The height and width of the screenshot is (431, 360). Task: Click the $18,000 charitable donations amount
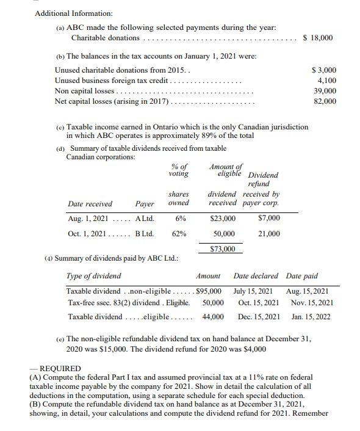coord(318,38)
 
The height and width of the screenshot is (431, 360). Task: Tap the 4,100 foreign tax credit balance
coord(326,81)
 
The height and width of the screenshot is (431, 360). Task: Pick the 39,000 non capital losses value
coord(325,91)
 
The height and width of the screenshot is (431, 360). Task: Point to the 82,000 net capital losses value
coord(325,101)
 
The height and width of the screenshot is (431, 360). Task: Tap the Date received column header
coord(90,204)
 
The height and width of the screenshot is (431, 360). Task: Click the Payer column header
coord(144,204)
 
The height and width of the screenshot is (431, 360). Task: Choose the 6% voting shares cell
coord(180,218)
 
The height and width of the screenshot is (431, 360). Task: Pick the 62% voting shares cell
coord(179,233)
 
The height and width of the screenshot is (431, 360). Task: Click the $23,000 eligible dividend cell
coord(222,218)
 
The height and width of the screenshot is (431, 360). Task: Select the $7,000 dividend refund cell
coord(269,218)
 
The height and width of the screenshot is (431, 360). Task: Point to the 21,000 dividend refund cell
coord(269,233)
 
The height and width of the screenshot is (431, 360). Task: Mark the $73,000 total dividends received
coord(222,249)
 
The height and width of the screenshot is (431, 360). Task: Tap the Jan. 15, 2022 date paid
coord(309,317)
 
